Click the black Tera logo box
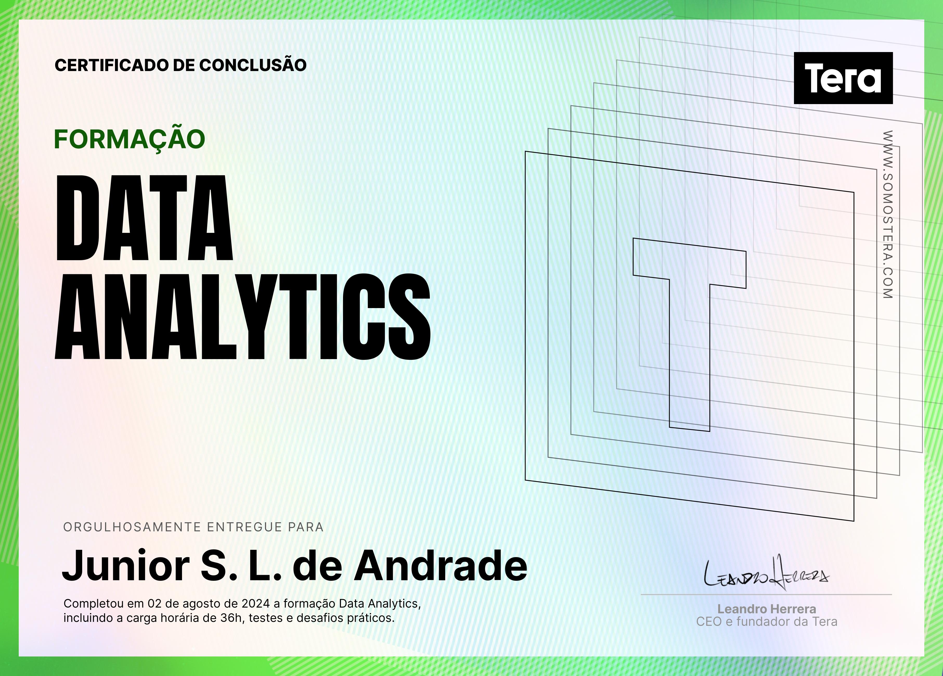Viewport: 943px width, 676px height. click(843, 78)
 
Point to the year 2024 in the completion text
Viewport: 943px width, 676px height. click(256, 604)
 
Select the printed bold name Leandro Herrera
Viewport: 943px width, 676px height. click(767, 609)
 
